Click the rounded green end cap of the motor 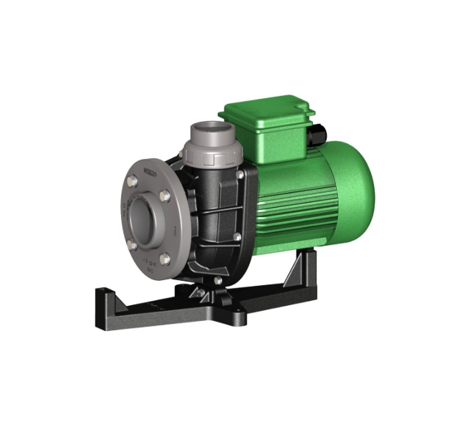[358, 182]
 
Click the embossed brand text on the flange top [151, 172]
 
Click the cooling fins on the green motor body [286, 208]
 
